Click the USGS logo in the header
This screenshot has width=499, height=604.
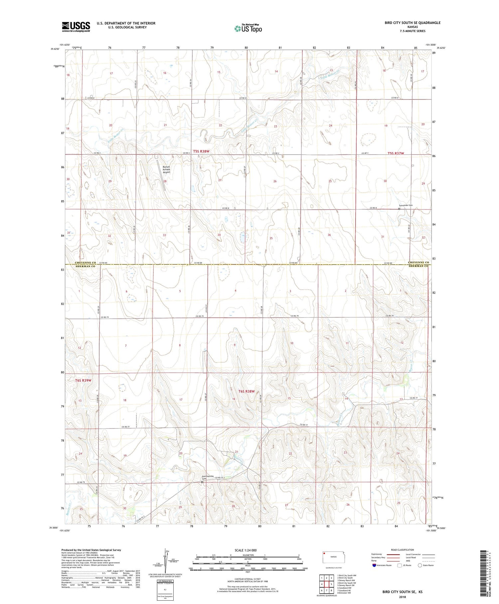pyautogui.click(x=76, y=27)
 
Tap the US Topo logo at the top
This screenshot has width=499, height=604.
pyautogui.click(x=248, y=29)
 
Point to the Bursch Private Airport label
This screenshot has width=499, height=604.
pyautogui.click(x=166, y=170)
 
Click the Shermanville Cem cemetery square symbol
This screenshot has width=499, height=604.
pyautogui.click(x=202, y=482)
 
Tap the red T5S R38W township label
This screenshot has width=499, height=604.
pyautogui.click(x=201, y=151)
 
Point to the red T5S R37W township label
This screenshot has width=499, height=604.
pyautogui.click(x=396, y=153)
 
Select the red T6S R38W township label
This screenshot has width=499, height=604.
pyautogui.click(x=247, y=391)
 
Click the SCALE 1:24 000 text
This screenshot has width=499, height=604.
pyautogui.click(x=246, y=550)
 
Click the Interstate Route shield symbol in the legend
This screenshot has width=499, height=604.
pyautogui.click(x=374, y=565)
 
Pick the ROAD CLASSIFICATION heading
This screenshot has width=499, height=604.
pyautogui.click(x=403, y=550)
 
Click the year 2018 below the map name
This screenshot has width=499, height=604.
pyautogui.click(x=402, y=597)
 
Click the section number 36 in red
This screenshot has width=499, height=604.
pyautogui.click(x=329, y=235)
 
